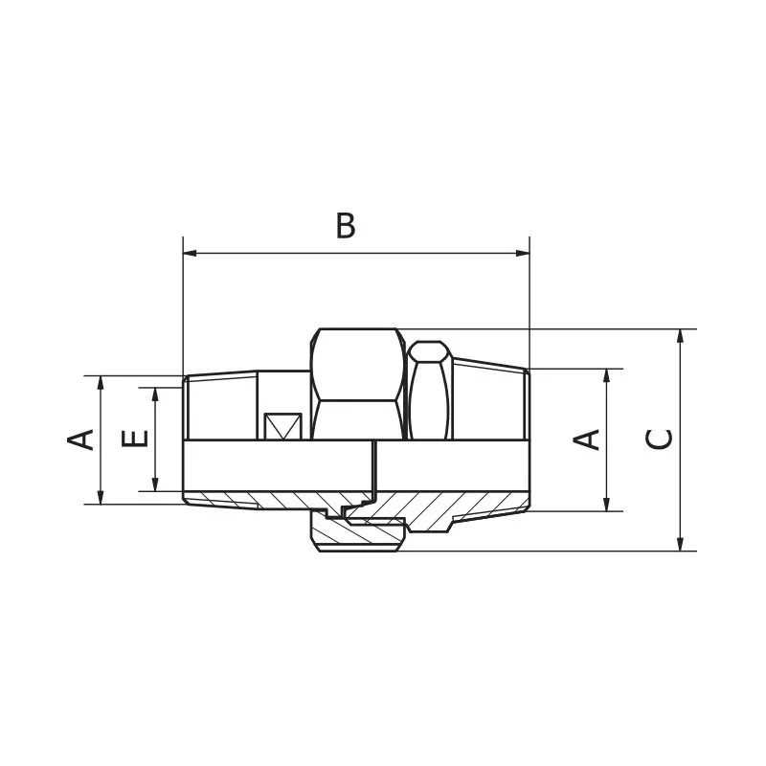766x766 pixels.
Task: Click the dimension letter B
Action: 346,226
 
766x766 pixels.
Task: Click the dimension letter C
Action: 659,439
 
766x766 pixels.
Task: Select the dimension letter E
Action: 136,439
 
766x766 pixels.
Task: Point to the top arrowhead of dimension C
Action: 680,336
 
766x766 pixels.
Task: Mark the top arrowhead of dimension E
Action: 155,394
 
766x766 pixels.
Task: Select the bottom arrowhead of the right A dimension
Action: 605,505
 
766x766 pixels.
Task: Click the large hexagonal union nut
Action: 357,383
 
